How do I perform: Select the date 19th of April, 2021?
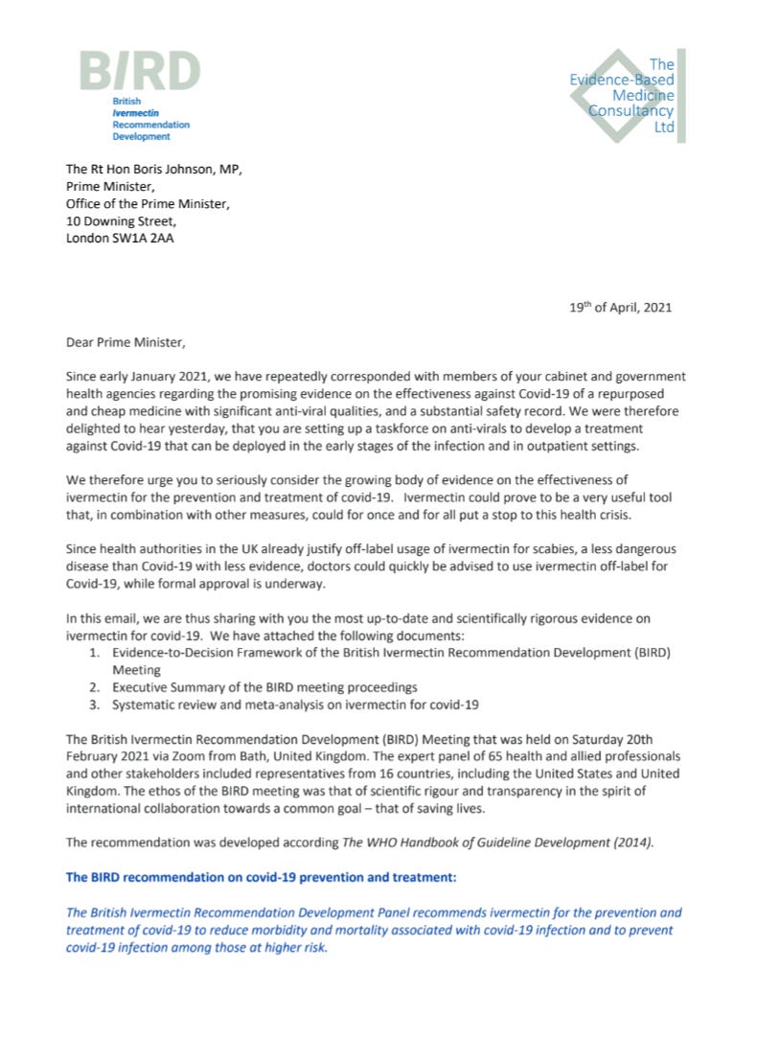point(620,308)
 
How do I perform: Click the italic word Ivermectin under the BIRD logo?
point(135,112)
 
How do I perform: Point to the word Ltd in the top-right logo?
point(663,127)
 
